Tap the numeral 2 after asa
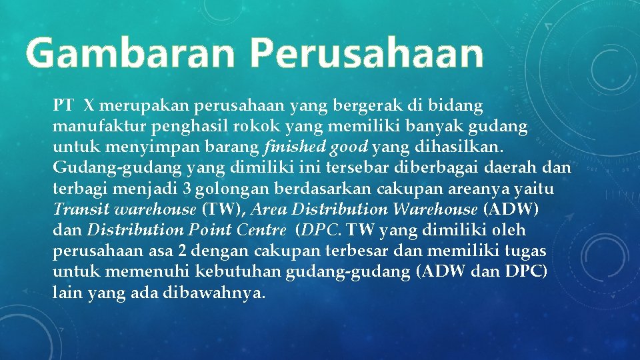point(181,251)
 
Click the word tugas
point(527,251)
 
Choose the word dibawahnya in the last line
point(214,293)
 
